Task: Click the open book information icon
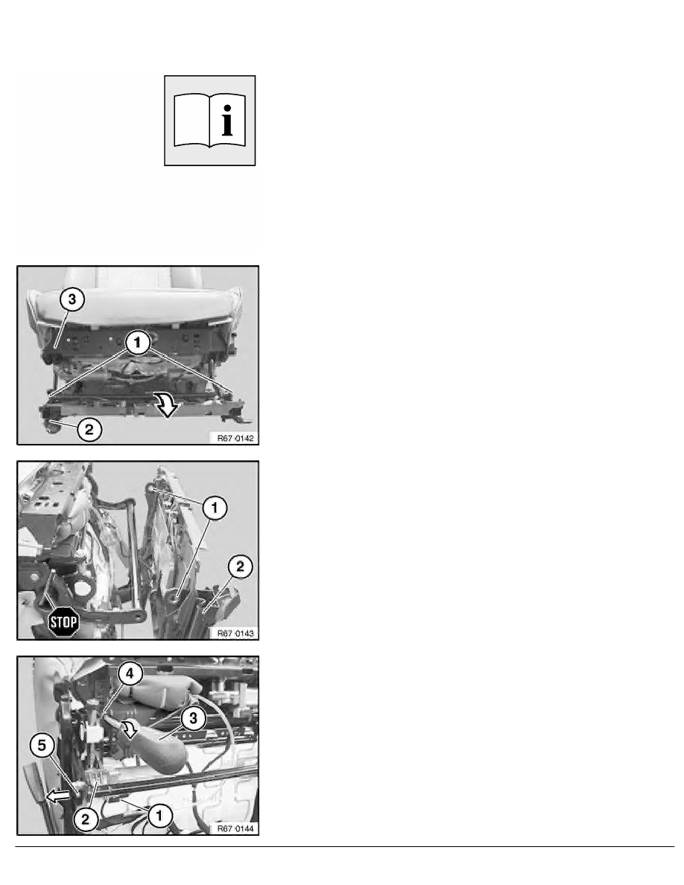pos(209,120)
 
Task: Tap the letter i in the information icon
pos(227,120)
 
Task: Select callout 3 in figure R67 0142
pos(72,299)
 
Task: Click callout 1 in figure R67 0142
pos(137,343)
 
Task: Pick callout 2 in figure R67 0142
pos(89,430)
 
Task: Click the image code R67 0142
pos(235,438)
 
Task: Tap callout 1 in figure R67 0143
pos(214,508)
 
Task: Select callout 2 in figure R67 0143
pos(240,566)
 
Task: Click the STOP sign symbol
pos(63,622)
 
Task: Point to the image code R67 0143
pos(235,633)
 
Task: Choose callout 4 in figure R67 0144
pos(130,673)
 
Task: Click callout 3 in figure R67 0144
pos(194,718)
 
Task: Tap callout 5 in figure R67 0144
pos(42,746)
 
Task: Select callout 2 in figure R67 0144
pos(85,819)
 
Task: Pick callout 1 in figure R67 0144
pos(159,815)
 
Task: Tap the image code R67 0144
pos(235,828)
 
